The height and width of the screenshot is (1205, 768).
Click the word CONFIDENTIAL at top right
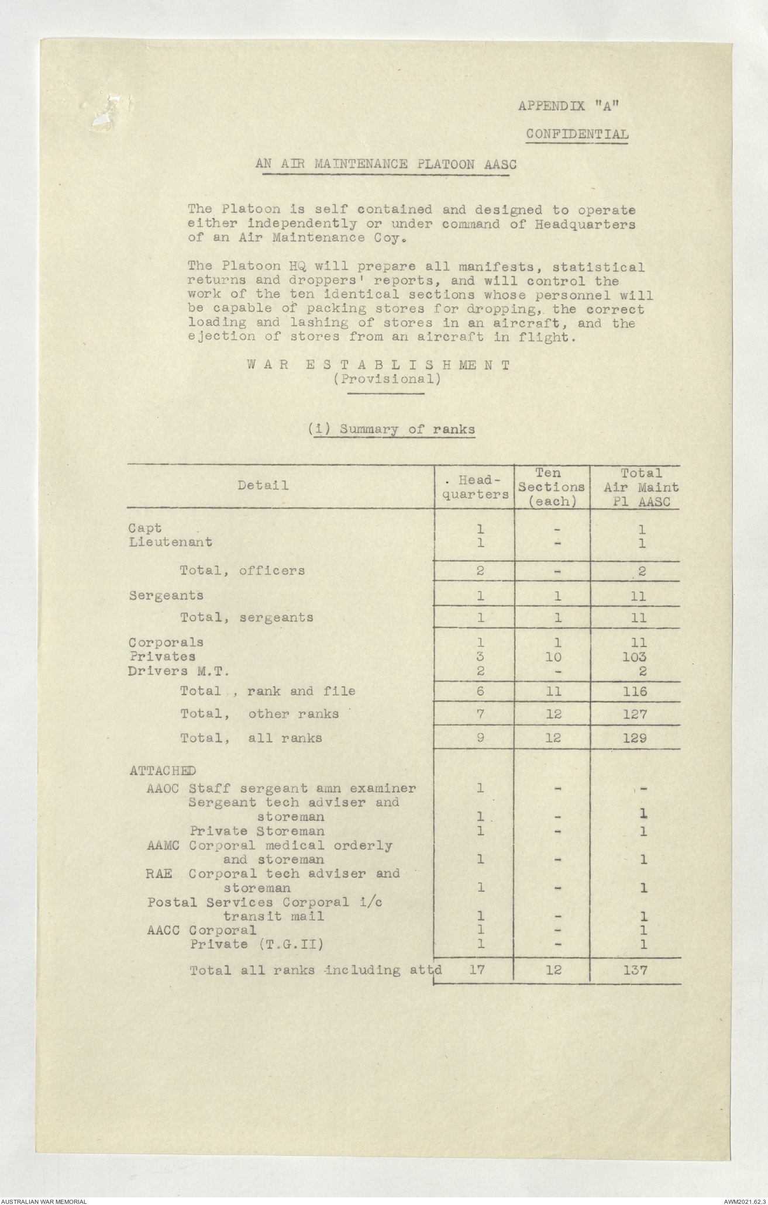tap(577, 134)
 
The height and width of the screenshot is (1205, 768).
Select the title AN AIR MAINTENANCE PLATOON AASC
tap(386, 164)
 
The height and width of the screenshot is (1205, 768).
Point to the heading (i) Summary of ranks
tap(391, 429)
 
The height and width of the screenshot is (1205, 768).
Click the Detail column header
tap(263, 485)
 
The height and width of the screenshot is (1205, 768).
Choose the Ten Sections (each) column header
tap(552, 486)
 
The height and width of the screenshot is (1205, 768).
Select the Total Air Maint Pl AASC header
tap(641, 486)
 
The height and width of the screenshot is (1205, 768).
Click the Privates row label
tap(163, 657)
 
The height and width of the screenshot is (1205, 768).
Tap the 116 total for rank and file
tap(635, 691)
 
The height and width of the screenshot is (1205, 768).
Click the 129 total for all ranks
tap(635, 738)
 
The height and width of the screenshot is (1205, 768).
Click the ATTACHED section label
tap(163, 771)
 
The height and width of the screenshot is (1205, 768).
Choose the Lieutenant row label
tap(170, 542)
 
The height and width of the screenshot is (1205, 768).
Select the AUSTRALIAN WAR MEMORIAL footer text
tap(44, 1200)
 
